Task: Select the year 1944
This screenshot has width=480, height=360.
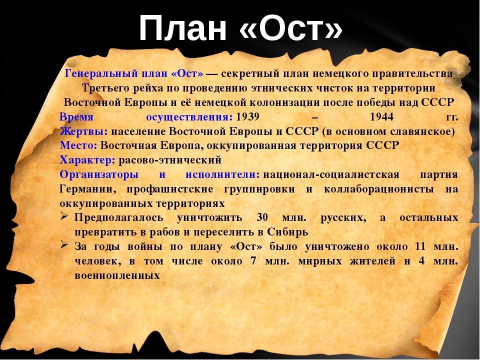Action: [x=381, y=116]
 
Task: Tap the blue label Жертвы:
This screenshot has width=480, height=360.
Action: [x=83, y=131]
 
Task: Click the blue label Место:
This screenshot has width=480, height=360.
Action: [x=78, y=145]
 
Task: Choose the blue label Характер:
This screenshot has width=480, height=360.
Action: [x=87, y=160]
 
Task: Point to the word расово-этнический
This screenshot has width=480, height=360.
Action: [x=170, y=160]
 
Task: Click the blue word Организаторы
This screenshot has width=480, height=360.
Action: [x=99, y=174]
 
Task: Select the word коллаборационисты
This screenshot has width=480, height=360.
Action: [x=378, y=189]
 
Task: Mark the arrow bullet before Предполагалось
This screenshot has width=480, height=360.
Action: [x=63, y=216]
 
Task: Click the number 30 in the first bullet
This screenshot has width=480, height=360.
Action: [x=262, y=217]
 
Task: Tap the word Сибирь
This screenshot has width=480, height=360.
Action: [x=287, y=232]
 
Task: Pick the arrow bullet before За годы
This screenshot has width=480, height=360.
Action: [x=63, y=245]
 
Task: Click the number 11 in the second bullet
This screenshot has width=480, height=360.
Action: [x=420, y=246]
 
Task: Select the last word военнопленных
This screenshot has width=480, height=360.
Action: [x=117, y=276]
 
